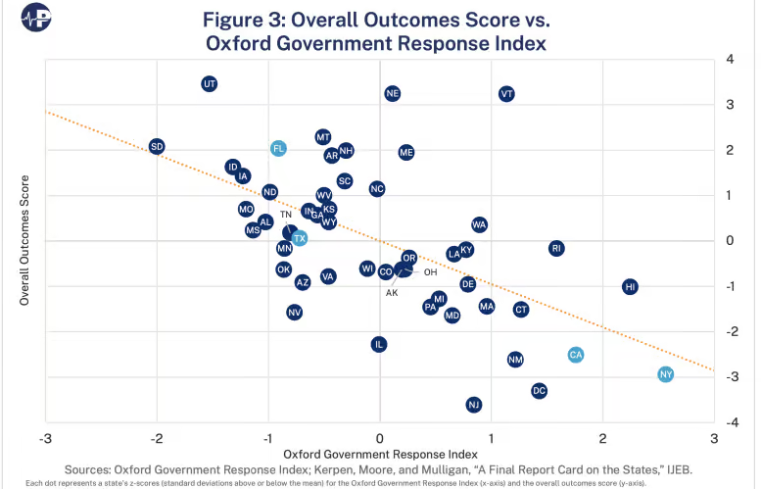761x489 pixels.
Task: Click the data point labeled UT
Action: pos(209,84)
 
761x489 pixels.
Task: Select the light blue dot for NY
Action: pos(666,374)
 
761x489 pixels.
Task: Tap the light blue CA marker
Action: pos(576,355)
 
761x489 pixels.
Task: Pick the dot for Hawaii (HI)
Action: pos(630,286)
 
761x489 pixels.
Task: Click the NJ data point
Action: pos(474,405)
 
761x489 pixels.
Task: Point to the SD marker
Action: pos(157,146)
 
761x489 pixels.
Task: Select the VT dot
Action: pos(506,94)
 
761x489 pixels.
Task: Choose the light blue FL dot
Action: pos(279,148)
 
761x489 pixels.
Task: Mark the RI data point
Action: pos(556,248)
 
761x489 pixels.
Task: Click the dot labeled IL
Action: pos(379,344)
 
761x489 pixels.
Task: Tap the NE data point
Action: pos(393,94)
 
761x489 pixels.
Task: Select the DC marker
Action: pos(539,390)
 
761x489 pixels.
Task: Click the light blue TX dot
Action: pos(300,238)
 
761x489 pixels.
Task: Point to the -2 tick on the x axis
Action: pos(157,437)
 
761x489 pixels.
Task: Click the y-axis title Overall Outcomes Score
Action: pos(25,241)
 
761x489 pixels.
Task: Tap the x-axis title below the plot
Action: pos(380,454)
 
